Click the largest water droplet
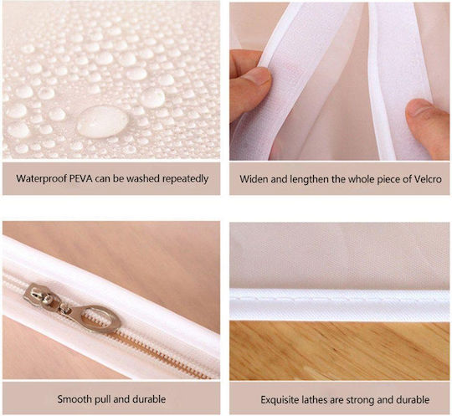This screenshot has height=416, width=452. (x=102, y=121)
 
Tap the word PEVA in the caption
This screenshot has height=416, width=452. (x=81, y=178)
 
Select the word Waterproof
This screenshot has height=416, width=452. (x=42, y=179)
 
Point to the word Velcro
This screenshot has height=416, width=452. (x=428, y=179)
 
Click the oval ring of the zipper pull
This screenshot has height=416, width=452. (x=101, y=319)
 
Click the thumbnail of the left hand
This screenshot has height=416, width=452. (x=259, y=76)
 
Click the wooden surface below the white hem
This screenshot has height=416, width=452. (x=340, y=350)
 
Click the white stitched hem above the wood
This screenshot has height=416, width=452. (x=340, y=305)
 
